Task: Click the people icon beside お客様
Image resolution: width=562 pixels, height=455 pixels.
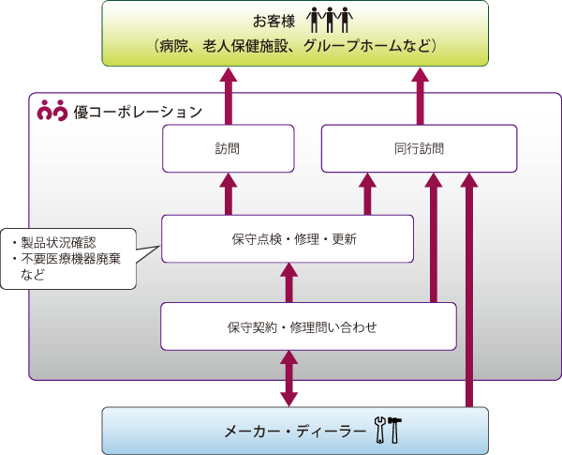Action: click(x=333, y=20)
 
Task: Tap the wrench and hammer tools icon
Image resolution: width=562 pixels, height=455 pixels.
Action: click(x=387, y=430)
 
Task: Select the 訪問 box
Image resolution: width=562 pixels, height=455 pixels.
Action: click(x=228, y=149)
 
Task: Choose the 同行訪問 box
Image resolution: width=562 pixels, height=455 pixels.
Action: click(x=419, y=149)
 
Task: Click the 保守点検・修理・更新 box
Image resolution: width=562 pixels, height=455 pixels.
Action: click(x=288, y=238)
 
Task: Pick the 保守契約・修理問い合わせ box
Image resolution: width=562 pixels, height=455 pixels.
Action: click(x=308, y=326)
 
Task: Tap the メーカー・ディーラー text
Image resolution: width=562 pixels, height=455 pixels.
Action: click(x=295, y=431)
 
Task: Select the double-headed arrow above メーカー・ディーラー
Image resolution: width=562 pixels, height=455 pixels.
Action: click(x=290, y=378)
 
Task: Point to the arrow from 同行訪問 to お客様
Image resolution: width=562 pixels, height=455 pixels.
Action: click(x=419, y=96)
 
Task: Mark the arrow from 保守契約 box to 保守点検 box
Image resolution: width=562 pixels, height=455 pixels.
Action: click(x=288, y=282)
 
